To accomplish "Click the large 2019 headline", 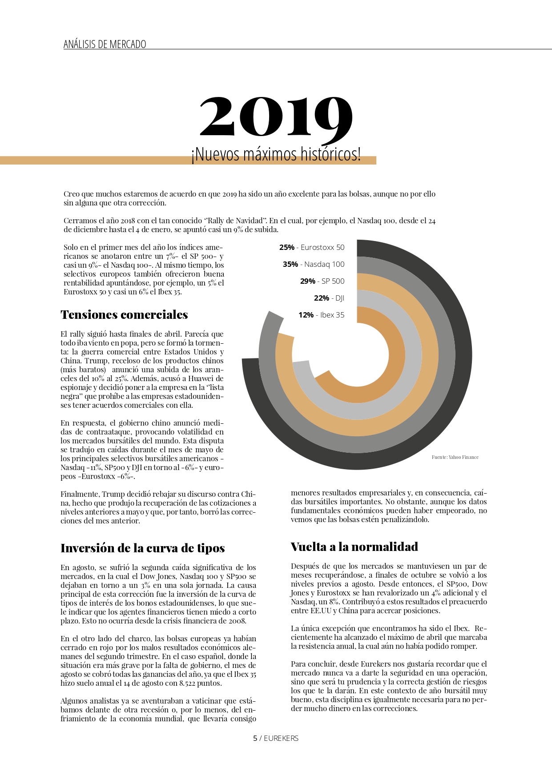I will [x=276, y=117].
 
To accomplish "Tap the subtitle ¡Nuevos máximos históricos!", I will [x=276, y=154].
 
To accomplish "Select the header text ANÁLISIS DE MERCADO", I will [x=105, y=44].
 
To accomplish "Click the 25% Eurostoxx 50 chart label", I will [x=312, y=247].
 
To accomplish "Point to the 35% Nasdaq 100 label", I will [x=314, y=264].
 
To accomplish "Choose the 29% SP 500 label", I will [x=322, y=281].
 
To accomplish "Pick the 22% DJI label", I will [x=329, y=298].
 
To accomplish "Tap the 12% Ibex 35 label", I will [x=321, y=315].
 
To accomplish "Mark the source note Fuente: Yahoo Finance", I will [x=455, y=457].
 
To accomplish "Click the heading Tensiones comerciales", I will [x=124, y=315].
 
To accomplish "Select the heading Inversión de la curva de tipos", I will [x=142, y=548].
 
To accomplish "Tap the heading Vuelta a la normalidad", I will [x=354, y=547].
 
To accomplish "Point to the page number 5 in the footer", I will [x=255, y=738].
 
